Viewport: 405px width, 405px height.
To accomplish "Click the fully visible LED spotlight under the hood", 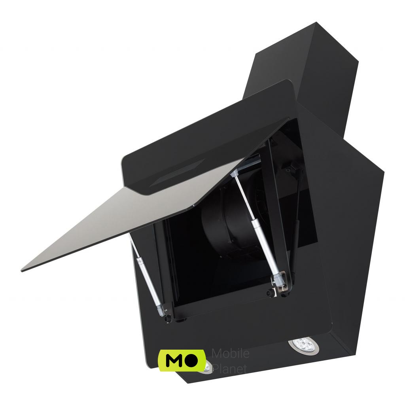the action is [303, 345].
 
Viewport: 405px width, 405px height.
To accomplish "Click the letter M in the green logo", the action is [175, 360].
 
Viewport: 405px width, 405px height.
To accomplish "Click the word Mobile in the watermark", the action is [231, 353].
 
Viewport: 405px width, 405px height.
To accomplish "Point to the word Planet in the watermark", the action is [229, 368].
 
